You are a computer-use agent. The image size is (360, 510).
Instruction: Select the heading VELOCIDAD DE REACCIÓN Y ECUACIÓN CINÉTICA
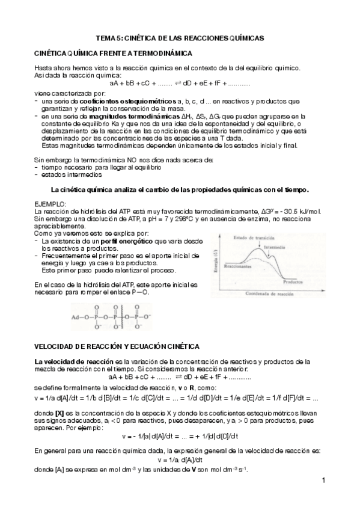click(113, 348)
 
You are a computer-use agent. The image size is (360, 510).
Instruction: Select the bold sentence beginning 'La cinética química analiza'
click(180, 190)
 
